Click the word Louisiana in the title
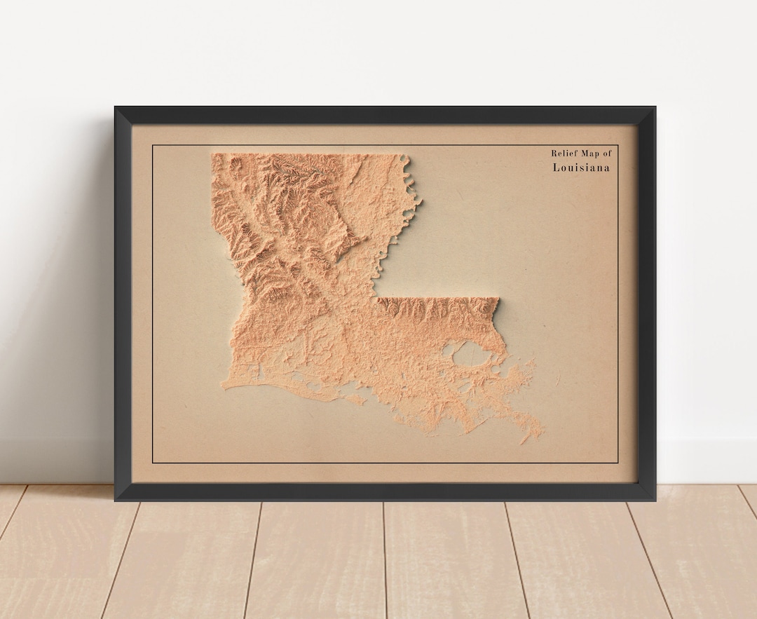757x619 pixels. (x=581, y=168)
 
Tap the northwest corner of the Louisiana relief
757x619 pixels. (x=212, y=154)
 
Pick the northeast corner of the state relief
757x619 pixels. (x=405, y=155)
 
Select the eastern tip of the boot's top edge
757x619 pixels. (x=498, y=299)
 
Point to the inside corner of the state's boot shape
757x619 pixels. (x=375, y=298)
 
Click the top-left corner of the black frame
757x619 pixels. (x=115, y=107)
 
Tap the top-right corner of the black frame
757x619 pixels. (x=655, y=107)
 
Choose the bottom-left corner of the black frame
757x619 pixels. (x=115, y=500)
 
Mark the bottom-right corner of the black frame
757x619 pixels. (x=655, y=500)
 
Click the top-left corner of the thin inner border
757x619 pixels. (x=153, y=145)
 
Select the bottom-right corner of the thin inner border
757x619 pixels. (x=618, y=463)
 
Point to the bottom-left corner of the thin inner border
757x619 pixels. (x=153, y=463)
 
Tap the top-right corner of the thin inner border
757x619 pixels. (x=618, y=145)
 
